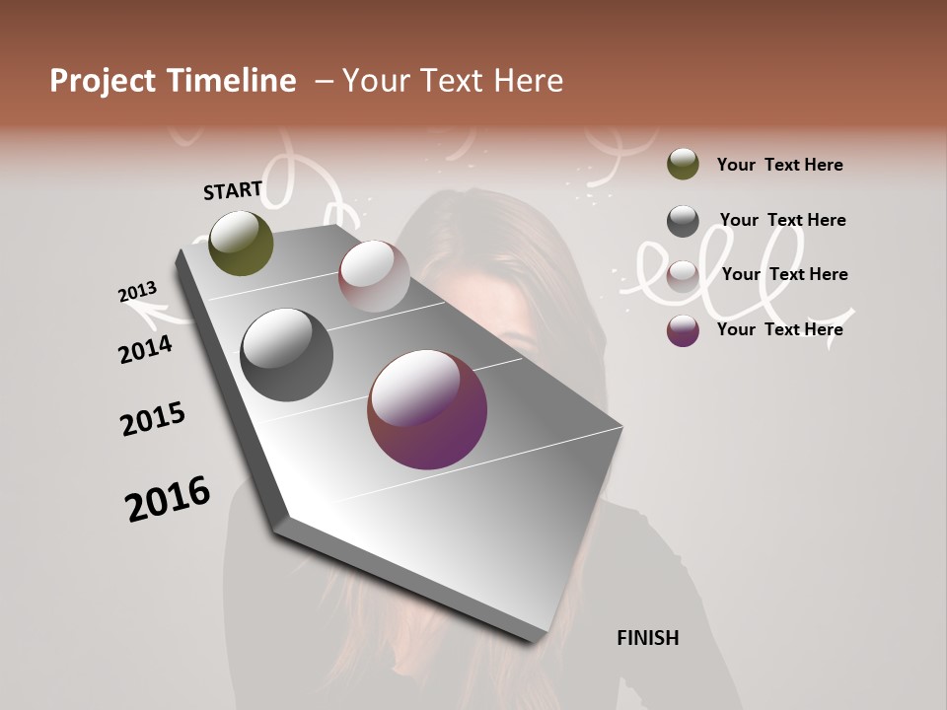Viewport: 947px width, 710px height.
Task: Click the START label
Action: tap(233, 190)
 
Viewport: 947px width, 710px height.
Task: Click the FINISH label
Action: tap(647, 638)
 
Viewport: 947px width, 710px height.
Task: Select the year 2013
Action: tap(137, 292)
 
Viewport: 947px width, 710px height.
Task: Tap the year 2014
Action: tap(145, 349)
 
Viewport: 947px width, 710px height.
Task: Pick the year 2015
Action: tap(153, 419)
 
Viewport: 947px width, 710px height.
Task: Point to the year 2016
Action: tap(168, 498)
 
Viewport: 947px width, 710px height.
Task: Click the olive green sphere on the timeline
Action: tap(241, 243)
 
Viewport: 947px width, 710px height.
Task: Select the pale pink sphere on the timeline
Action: tap(374, 276)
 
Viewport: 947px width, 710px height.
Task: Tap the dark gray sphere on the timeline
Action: tap(286, 355)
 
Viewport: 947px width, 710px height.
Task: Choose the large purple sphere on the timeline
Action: tap(427, 409)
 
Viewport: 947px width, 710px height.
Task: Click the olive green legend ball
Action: tap(683, 164)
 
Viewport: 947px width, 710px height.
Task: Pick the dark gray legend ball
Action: tap(683, 221)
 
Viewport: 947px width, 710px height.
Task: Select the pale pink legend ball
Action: tap(683, 276)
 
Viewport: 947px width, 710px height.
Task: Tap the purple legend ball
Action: tap(683, 330)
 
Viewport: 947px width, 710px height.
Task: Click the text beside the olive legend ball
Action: tap(779, 165)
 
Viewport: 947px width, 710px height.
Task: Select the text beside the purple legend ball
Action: tap(779, 329)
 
